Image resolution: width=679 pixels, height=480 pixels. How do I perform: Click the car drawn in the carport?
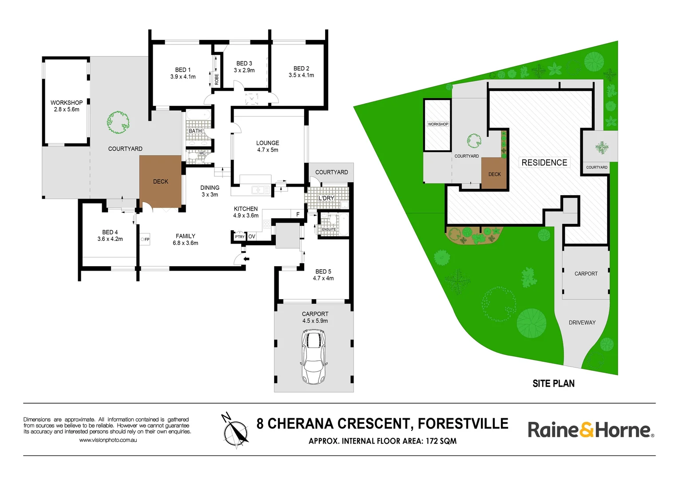(x=314, y=356)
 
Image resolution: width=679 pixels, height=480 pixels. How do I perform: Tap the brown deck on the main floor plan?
(x=160, y=181)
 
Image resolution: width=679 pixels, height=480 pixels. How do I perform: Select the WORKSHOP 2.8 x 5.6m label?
(x=67, y=106)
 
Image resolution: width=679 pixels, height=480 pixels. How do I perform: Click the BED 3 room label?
(x=244, y=67)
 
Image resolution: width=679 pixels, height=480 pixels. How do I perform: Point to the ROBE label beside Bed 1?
(x=217, y=79)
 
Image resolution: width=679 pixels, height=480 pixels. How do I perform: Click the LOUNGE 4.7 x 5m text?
(x=267, y=146)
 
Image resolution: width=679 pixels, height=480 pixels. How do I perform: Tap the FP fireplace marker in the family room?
(x=145, y=240)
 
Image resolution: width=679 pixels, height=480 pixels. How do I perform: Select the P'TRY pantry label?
(x=239, y=237)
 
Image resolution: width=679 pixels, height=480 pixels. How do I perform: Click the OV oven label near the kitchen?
(x=252, y=236)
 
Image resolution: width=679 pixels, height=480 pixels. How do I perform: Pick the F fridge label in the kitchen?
(x=298, y=214)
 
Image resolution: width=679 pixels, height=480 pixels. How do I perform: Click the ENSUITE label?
(x=329, y=229)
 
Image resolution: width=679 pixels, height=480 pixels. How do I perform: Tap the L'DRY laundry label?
(x=326, y=198)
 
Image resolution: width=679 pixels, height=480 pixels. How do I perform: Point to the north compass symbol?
(x=235, y=431)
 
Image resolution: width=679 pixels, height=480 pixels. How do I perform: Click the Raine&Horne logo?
(x=590, y=430)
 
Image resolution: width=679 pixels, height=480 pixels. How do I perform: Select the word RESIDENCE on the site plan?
(x=544, y=163)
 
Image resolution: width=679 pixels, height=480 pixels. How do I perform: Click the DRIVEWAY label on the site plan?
(x=582, y=323)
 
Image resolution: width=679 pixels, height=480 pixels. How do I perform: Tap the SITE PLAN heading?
(x=553, y=384)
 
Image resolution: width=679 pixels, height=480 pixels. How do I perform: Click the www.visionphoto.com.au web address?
(x=108, y=440)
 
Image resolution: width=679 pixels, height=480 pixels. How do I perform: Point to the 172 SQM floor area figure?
(x=441, y=441)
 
